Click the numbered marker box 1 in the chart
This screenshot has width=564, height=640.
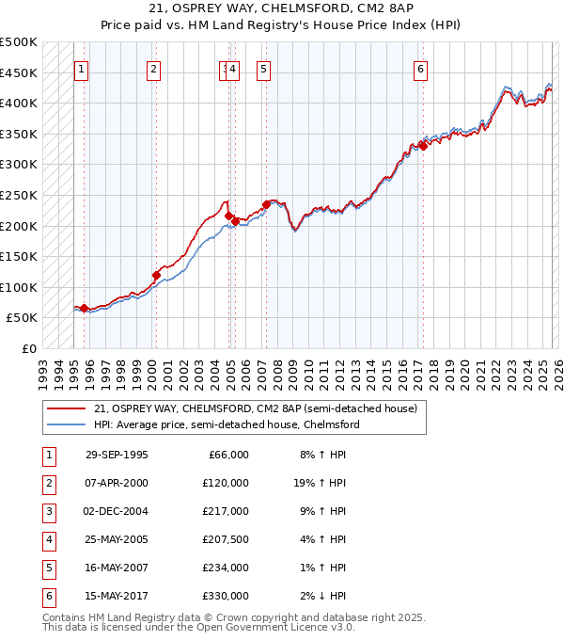click(x=82, y=68)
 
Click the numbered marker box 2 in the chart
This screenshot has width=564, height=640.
click(x=153, y=68)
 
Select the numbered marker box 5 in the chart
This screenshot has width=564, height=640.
click(x=262, y=68)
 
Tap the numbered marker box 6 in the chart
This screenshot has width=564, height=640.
click(x=420, y=68)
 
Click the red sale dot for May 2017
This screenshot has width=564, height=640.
click(x=423, y=145)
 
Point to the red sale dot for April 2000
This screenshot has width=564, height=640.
click(x=156, y=275)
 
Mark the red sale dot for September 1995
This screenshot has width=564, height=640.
click(x=85, y=308)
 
